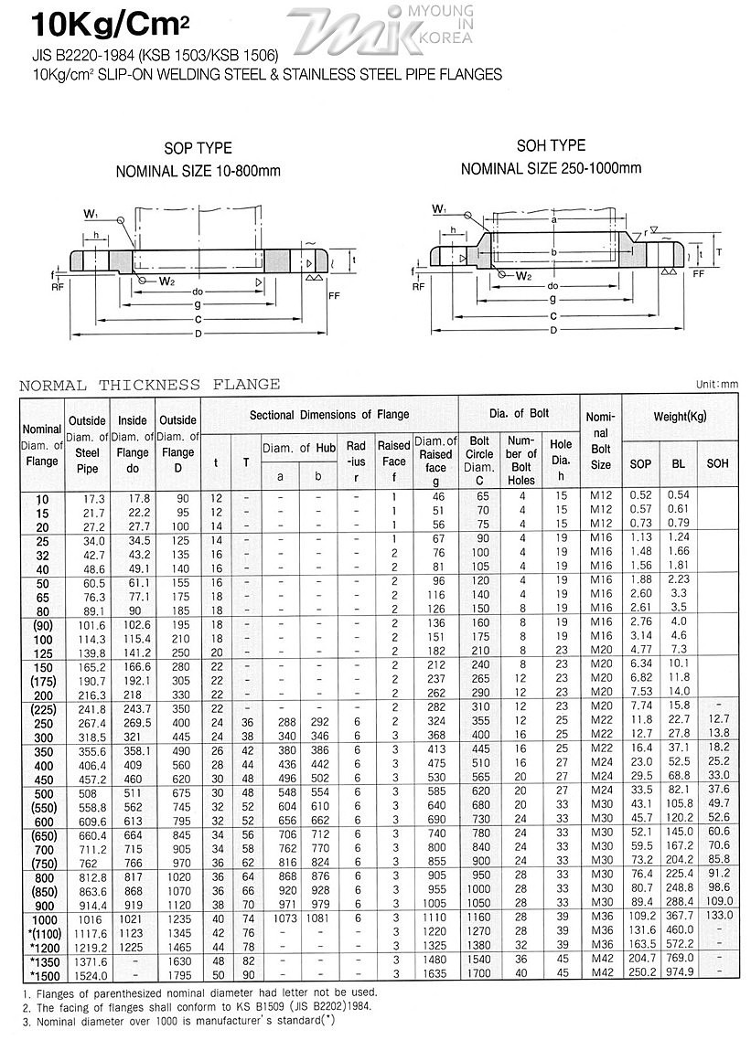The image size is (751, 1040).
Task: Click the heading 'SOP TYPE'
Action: [198, 148]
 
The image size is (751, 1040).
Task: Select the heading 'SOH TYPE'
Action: [551, 145]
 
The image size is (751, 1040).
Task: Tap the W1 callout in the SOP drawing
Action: [91, 214]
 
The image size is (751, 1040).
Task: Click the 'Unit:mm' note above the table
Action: [716, 385]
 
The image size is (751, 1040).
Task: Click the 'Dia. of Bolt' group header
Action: [519, 414]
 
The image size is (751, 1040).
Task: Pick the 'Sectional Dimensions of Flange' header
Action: [329, 415]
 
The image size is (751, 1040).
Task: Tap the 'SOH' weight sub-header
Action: [717, 463]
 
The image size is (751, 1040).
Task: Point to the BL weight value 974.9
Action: [678, 972]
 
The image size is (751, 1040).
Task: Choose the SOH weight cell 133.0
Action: [718, 917]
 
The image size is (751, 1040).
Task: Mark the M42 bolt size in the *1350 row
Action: [600, 959]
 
